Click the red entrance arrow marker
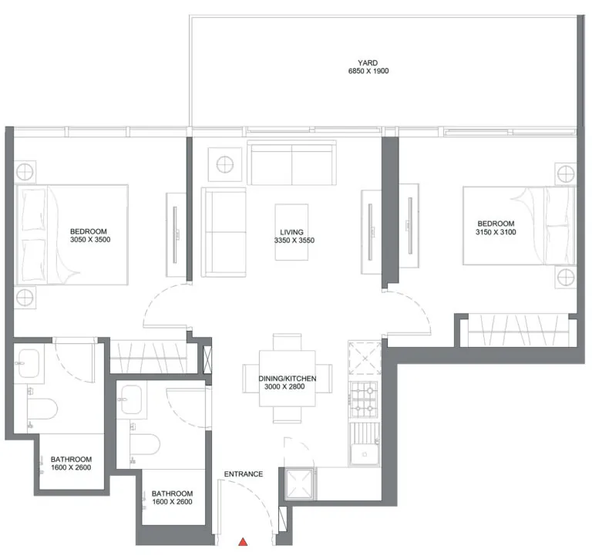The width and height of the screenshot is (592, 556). tap(243, 542)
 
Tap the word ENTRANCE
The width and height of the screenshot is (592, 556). tap(244, 474)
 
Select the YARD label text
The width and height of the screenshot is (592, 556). tap(368, 62)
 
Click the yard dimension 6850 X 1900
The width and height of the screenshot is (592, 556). tap(368, 71)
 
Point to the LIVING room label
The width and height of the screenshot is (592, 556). tap(291, 232)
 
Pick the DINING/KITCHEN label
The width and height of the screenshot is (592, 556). tap(288, 378)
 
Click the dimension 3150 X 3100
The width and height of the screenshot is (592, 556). tap(496, 232)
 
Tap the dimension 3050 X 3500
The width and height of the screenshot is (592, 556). tap(90, 240)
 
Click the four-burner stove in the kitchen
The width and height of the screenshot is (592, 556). tap(364, 399)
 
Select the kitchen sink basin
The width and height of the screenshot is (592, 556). tap(365, 454)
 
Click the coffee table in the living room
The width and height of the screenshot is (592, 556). tap(291, 232)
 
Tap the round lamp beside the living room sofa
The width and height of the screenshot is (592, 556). tap(225, 165)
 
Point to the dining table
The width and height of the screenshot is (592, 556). tap(288, 379)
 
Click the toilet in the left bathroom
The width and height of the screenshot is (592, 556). tap(42, 409)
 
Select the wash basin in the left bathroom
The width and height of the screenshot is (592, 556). tap(29, 363)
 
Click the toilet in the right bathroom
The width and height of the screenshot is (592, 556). tap(145, 444)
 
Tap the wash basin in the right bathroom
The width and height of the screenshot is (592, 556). tap(131, 399)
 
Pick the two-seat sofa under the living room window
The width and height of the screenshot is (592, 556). tap(291, 163)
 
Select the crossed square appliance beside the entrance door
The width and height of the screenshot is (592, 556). tap(300, 484)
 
